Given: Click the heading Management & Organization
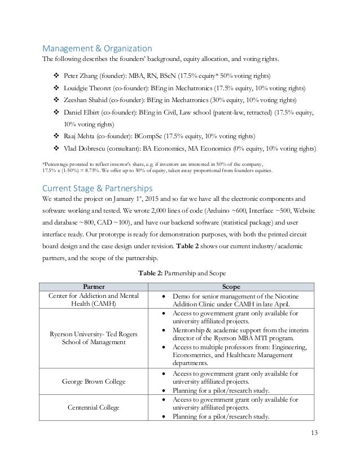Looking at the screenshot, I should click(98, 48).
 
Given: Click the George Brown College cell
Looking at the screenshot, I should click(93, 382).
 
